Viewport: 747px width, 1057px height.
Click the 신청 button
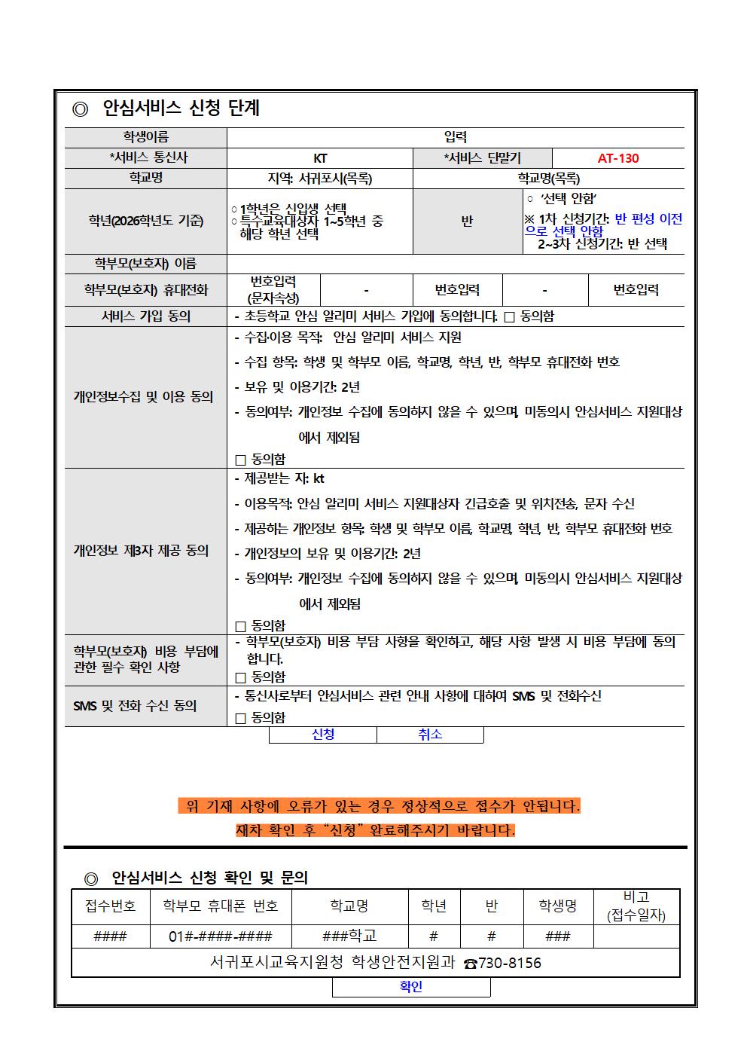click(323, 735)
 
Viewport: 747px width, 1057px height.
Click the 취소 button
click(430, 735)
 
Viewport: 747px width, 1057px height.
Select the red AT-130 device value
click(617, 158)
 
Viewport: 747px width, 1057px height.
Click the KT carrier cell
click(320, 158)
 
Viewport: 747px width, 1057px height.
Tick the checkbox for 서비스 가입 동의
click(509, 317)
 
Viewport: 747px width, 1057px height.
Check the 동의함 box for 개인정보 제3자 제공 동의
click(241, 626)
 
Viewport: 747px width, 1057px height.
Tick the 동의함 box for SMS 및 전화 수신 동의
click(241, 719)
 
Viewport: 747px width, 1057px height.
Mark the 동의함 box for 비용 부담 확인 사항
click(241, 677)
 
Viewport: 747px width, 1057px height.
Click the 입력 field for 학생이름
click(456, 137)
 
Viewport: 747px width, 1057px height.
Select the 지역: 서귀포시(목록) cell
click(320, 179)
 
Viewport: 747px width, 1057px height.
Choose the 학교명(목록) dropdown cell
click(548, 179)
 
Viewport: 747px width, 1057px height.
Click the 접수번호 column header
click(111, 906)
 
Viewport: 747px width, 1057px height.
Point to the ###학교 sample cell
click(349, 936)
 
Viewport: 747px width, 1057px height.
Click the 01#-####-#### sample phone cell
click(221, 936)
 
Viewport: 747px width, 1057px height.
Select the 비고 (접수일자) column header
click(636, 906)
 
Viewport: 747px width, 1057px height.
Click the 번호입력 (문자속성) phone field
click(273, 290)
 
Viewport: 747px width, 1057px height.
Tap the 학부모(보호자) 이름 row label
click(145, 264)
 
